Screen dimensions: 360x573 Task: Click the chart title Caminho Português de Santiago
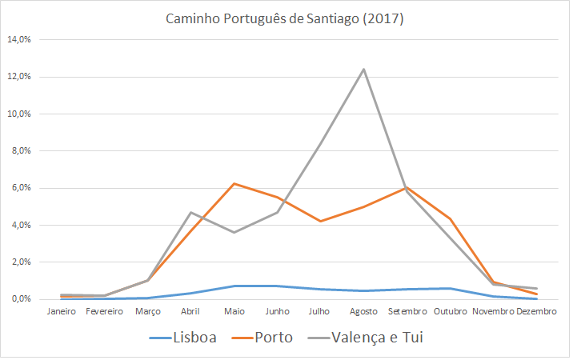[286, 18]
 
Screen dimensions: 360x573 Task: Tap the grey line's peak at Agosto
[364, 69]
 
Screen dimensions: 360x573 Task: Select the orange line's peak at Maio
[234, 184]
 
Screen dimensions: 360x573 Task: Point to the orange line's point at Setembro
[407, 187]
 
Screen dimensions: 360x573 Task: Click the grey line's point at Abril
[190, 212]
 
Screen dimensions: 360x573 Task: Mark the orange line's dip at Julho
[321, 221]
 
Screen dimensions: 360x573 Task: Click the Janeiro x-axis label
[61, 311]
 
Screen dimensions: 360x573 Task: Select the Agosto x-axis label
[364, 311]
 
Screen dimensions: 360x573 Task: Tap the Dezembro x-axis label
[537, 311]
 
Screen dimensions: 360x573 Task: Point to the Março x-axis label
[147, 311]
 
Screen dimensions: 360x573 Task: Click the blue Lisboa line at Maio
[234, 286]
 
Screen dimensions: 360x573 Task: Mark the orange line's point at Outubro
[451, 218]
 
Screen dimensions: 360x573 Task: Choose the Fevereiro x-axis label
[104, 311]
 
